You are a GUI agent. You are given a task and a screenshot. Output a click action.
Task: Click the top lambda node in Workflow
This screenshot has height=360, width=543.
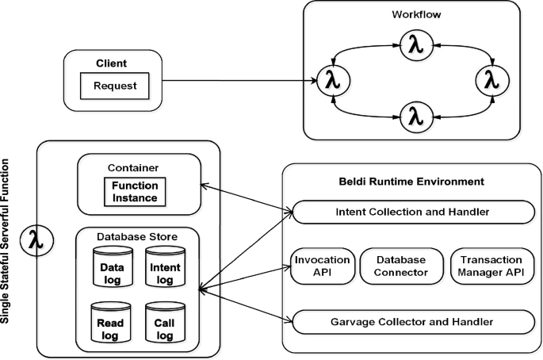(x=415, y=46)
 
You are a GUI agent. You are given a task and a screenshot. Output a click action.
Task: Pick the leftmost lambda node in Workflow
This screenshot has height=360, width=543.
(x=333, y=80)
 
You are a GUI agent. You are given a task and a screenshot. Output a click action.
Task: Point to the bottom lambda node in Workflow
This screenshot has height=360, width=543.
(x=415, y=117)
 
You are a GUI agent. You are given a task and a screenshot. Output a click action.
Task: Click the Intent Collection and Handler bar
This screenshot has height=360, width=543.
(x=412, y=213)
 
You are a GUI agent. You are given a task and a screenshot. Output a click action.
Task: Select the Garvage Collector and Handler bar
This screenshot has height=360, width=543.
(x=412, y=322)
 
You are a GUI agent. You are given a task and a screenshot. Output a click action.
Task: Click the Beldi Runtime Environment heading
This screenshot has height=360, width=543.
(x=412, y=182)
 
